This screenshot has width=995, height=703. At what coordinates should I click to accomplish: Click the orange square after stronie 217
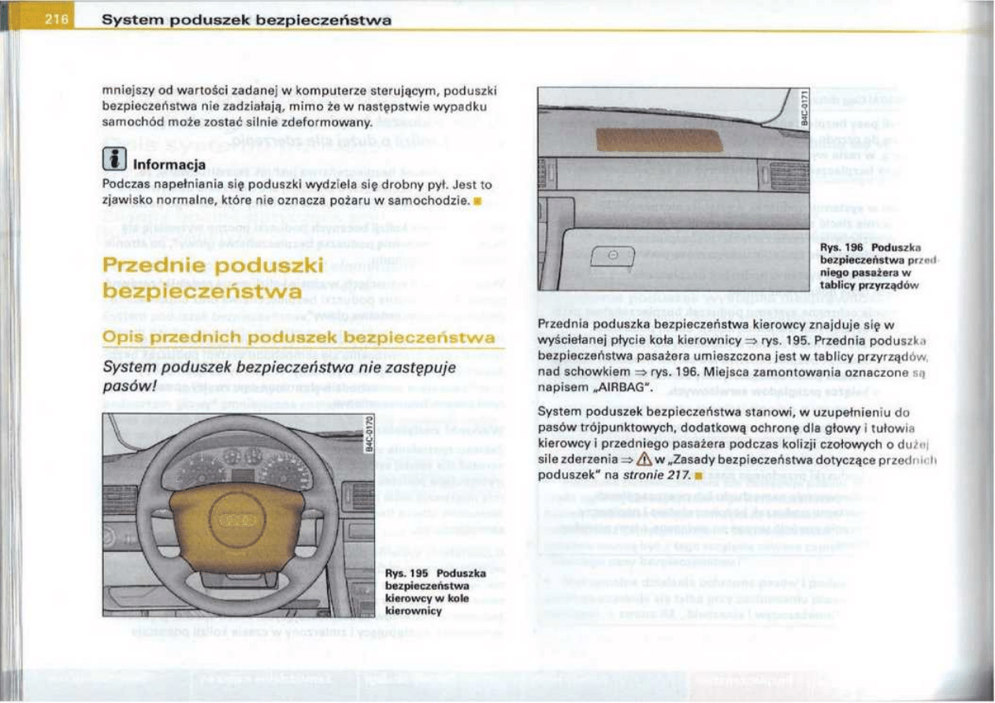coord(697,475)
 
